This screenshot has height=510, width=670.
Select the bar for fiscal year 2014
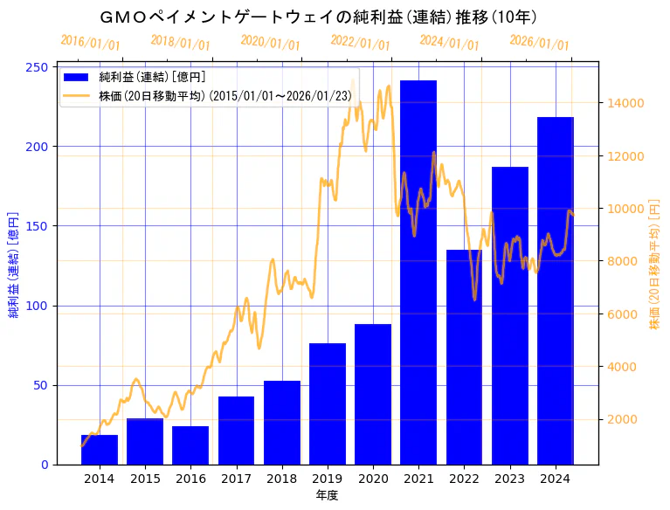(100, 450)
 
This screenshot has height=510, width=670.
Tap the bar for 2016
(190, 445)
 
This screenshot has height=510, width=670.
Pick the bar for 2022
(464, 357)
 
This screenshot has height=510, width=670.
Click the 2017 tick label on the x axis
(236, 479)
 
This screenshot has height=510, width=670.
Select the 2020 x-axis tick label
(373, 479)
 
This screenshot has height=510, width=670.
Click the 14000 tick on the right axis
(626, 103)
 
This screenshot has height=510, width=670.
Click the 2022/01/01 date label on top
(360, 42)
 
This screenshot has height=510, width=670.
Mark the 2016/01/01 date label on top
(90, 42)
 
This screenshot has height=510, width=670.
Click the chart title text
(318, 17)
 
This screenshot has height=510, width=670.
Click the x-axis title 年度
(327, 495)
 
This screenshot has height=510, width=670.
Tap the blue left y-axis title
(14, 265)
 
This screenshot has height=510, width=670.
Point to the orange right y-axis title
(654, 265)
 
